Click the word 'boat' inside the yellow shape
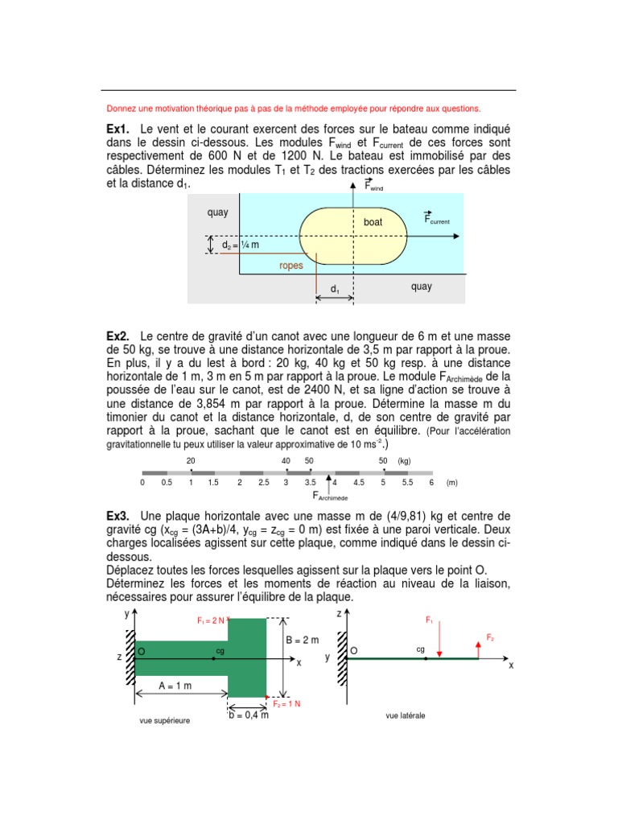point(373,221)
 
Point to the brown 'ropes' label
point(291,266)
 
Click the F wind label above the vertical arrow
point(373,186)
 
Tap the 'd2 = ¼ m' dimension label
point(241,245)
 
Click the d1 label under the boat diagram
point(335,287)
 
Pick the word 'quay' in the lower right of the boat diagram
point(421,286)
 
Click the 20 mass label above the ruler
point(191,461)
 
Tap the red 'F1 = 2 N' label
point(212,620)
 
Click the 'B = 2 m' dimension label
point(303,641)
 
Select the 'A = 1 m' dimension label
point(176,686)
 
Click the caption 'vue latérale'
point(406,715)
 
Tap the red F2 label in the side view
point(489,637)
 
